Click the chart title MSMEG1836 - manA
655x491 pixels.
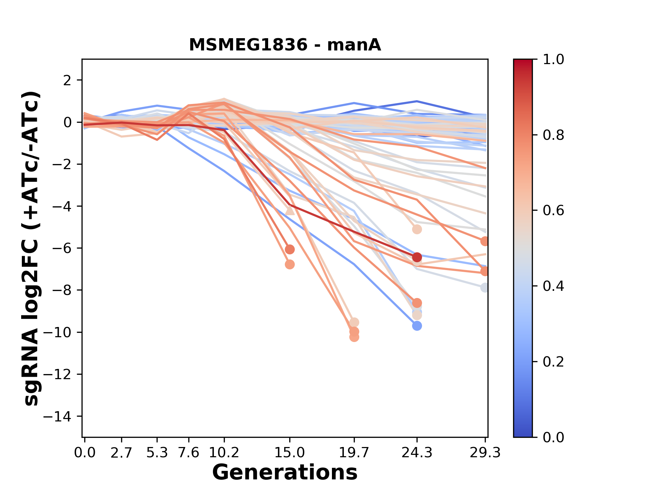point(285,45)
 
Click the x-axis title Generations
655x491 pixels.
point(285,473)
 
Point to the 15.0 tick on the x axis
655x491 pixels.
point(290,453)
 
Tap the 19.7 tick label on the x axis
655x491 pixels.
point(354,453)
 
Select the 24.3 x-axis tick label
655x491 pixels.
point(417,453)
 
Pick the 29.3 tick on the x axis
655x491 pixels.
point(485,453)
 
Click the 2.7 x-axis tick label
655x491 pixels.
point(121,453)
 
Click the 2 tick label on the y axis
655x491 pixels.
point(68,80)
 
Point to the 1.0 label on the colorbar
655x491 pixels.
point(553,60)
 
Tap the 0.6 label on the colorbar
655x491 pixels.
point(553,211)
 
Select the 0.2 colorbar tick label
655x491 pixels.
point(553,362)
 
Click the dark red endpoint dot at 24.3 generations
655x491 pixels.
point(417,257)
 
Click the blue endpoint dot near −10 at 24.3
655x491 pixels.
point(417,326)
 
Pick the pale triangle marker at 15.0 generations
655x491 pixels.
point(290,211)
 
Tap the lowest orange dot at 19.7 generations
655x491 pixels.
point(354,337)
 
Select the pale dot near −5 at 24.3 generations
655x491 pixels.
point(417,229)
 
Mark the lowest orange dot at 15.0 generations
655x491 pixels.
point(290,265)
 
